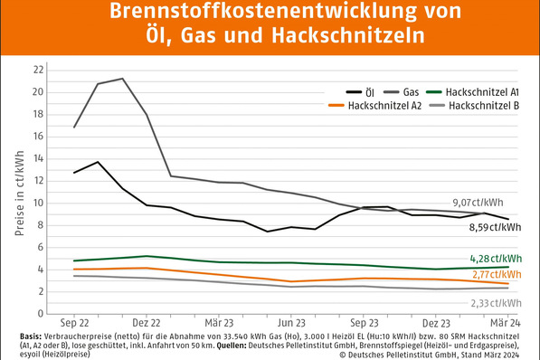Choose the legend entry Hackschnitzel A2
click(x=380, y=106)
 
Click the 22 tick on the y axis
click(x=37, y=70)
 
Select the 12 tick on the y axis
click(x=37, y=180)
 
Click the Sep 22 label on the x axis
click(x=75, y=321)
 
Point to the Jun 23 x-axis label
click(x=291, y=321)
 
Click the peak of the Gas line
click(x=122, y=79)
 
